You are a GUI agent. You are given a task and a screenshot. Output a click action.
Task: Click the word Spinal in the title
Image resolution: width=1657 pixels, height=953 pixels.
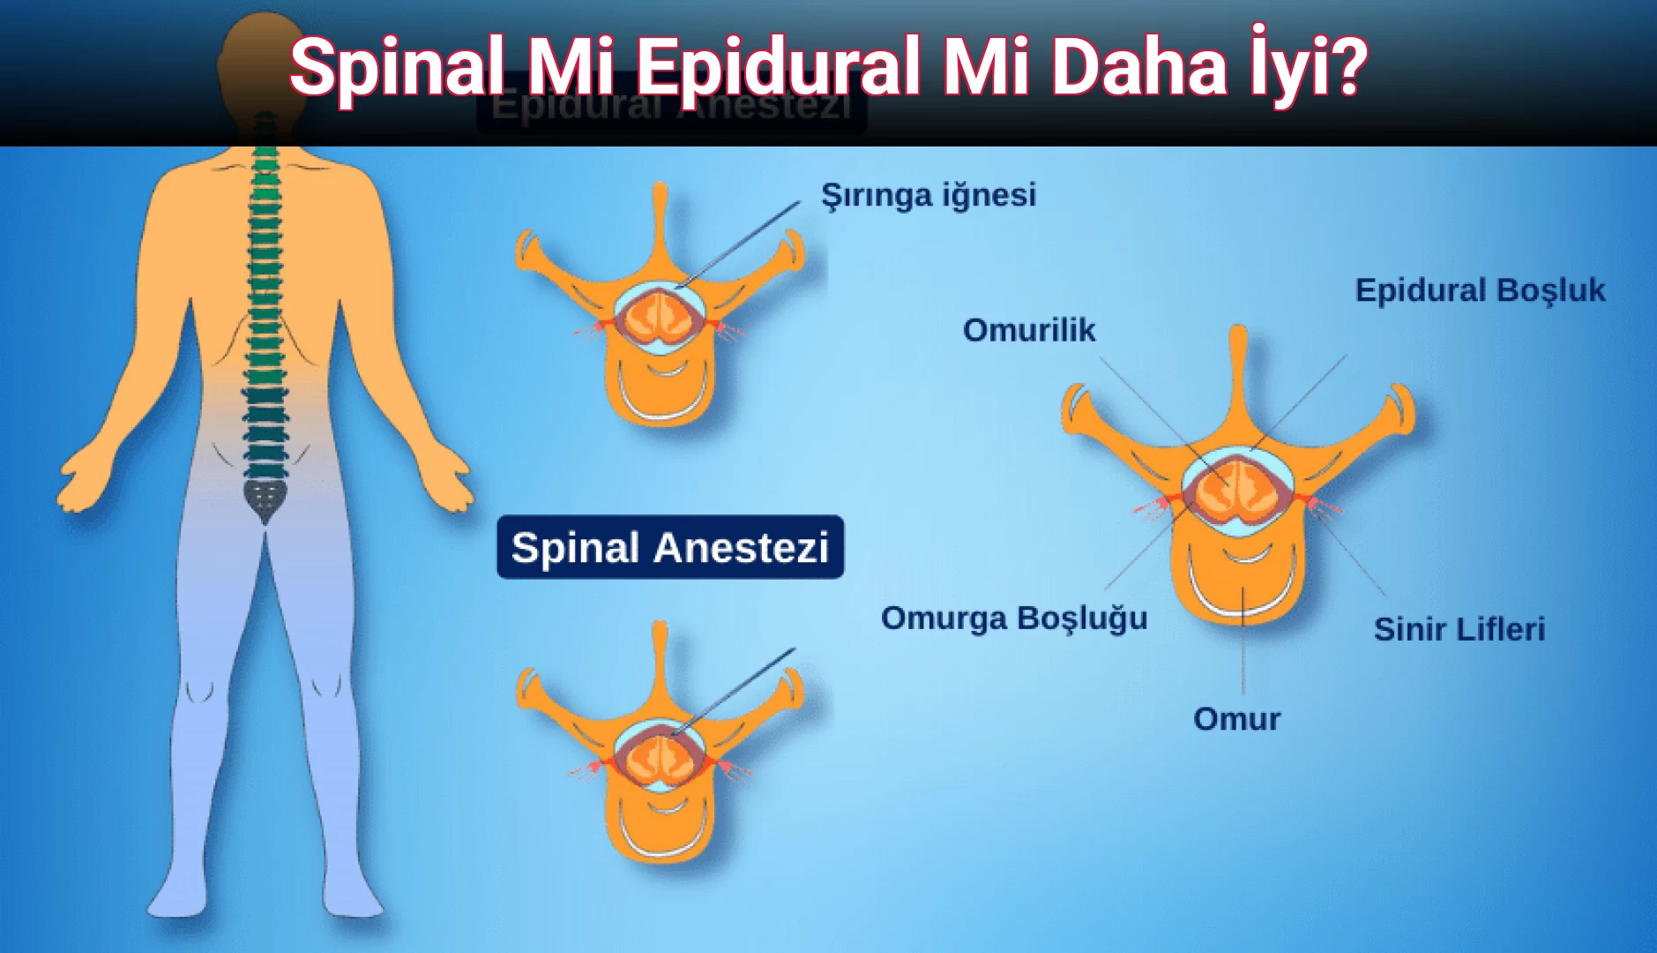coord(396,67)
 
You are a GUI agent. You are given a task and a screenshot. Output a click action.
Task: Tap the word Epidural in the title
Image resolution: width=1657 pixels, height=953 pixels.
coord(778,67)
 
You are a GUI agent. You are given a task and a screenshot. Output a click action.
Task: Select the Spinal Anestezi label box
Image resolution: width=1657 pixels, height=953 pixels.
coord(670,547)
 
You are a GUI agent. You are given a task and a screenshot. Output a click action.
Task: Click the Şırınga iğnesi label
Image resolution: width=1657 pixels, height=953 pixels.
coord(929,195)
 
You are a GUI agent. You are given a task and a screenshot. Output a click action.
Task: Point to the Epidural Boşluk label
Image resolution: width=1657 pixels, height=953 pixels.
coord(1480,290)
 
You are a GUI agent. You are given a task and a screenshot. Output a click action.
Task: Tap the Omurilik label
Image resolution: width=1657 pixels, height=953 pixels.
coord(1028,330)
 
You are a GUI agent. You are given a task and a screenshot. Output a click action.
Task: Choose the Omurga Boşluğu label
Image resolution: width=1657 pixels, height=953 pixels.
coord(1014,618)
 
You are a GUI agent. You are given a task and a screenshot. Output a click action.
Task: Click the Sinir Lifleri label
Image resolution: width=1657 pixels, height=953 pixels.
coord(1459,629)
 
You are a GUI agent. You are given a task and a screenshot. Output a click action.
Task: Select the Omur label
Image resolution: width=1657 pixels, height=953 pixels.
coord(1236,719)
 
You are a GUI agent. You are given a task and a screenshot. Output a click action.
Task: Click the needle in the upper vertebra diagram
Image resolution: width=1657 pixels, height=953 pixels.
coord(741,243)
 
